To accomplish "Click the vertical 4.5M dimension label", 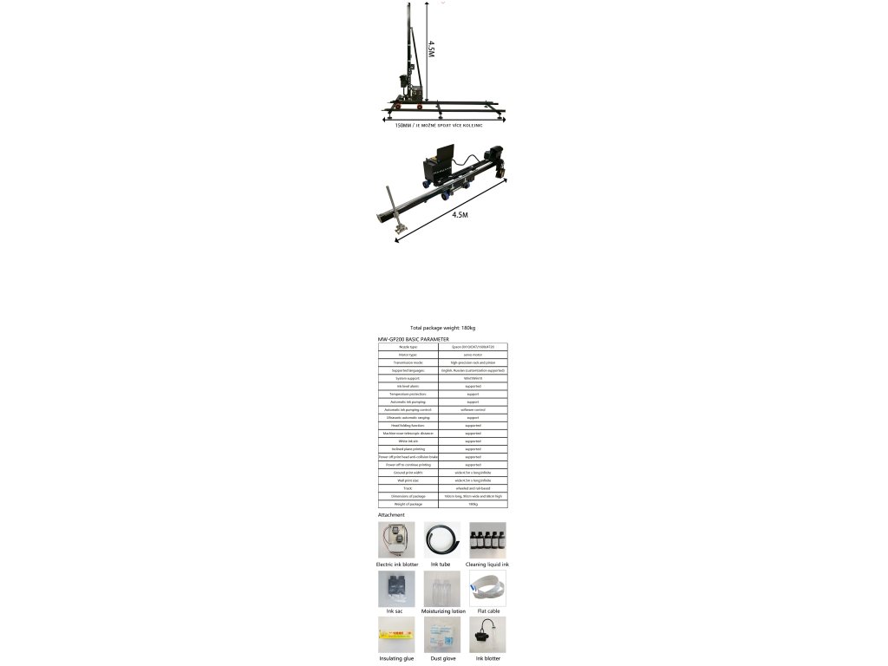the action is click(431, 47).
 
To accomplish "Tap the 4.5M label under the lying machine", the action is click(460, 214).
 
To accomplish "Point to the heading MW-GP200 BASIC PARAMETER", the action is click(414, 339).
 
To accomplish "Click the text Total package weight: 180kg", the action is click(442, 328).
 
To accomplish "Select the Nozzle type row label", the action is click(408, 347).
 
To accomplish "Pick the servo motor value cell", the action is click(473, 355).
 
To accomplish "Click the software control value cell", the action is click(473, 409).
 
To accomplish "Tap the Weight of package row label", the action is click(408, 504).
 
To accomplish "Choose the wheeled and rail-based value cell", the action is click(473, 488).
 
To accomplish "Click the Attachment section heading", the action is click(391, 515).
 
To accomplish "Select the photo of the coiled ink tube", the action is click(442, 539).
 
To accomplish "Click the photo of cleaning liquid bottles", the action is click(487, 539).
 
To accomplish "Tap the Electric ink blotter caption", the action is click(397, 565).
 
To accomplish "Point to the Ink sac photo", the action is click(396, 588).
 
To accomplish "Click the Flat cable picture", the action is click(487, 588).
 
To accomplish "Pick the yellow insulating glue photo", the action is click(396, 635).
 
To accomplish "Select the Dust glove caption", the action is click(442, 658).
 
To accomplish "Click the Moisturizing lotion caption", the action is click(443, 611).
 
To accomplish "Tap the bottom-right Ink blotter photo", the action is click(487, 635).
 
